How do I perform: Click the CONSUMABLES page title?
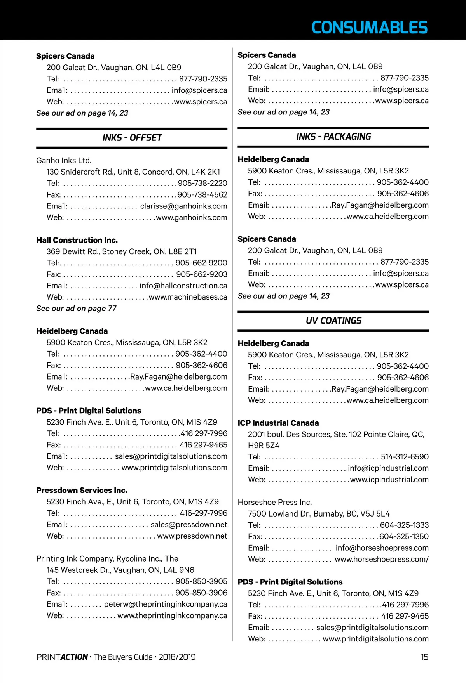(369, 28)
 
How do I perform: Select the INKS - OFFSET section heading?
(132, 138)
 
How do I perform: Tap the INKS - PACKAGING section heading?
(333, 137)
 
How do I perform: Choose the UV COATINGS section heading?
(333, 321)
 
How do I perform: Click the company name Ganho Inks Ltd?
(64, 161)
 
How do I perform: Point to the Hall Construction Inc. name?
(77, 240)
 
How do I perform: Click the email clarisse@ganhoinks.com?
(183, 206)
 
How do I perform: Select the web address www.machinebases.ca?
(188, 297)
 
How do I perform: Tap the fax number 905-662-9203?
(201, 274)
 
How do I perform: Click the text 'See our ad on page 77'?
(76, 309)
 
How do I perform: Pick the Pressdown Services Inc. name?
(82, 491)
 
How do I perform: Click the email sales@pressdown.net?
(188, 525)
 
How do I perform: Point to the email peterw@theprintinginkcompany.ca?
(165, 604)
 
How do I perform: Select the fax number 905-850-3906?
(201, 593)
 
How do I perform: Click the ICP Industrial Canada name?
(278, 423)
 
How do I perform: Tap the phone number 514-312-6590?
(404, 457)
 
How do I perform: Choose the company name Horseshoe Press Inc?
(274, 503)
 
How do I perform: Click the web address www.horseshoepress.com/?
(381, 559)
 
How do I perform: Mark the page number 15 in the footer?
(424, 657)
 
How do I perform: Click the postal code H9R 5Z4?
(264, 446)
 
